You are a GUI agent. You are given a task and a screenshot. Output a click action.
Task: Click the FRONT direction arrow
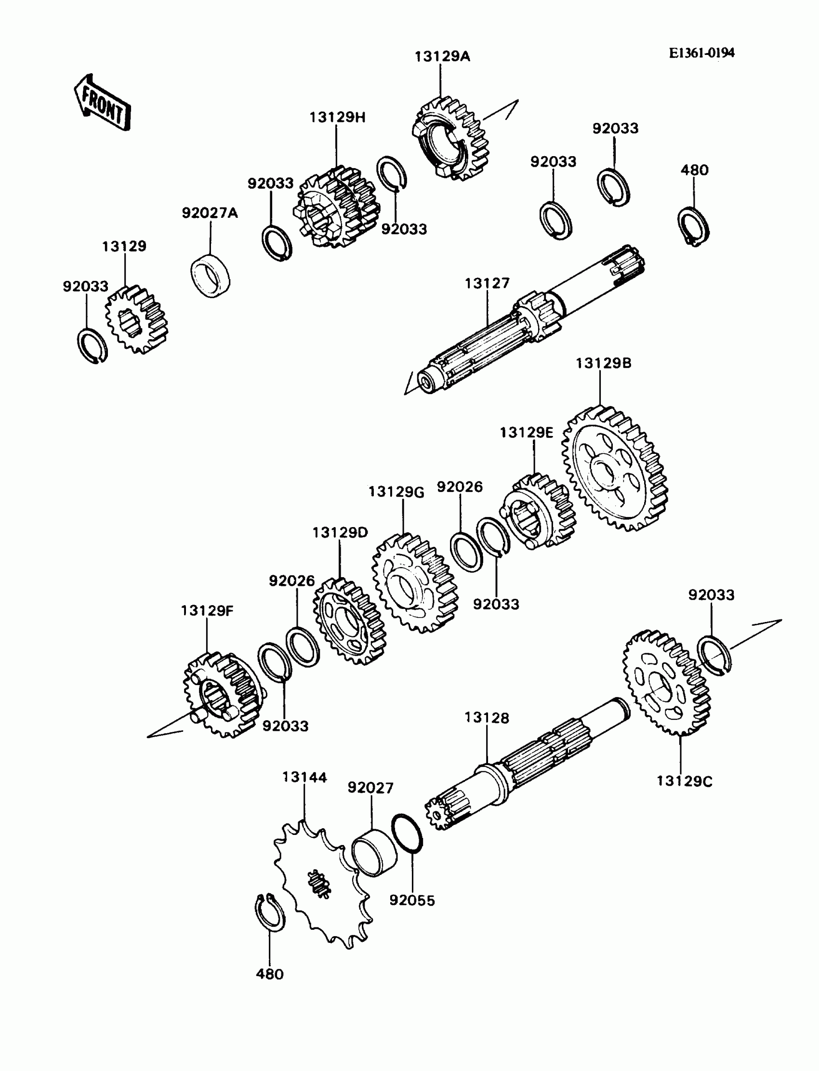tap(102, 104)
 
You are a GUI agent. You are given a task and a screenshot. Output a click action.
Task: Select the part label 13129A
tap(442, 57)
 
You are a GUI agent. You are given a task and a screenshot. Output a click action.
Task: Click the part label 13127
tap(487, 283)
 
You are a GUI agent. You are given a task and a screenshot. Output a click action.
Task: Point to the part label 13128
tap(487, 717)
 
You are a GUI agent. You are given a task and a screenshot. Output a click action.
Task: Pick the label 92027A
tap(210, 213)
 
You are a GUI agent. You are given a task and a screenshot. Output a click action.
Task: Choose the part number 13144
tap(304, 777)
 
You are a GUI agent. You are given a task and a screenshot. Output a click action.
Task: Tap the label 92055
tap(412, 900)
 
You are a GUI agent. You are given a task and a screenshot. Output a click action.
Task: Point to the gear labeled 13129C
tap(666, 683)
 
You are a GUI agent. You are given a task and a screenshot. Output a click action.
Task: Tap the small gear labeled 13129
tap(136, 319)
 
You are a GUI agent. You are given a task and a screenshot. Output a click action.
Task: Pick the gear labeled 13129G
tap(415, 582)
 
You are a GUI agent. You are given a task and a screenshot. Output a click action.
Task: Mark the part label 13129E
tap(527, 432)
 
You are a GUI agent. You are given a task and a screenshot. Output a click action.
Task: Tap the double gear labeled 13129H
tap(336, 207)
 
